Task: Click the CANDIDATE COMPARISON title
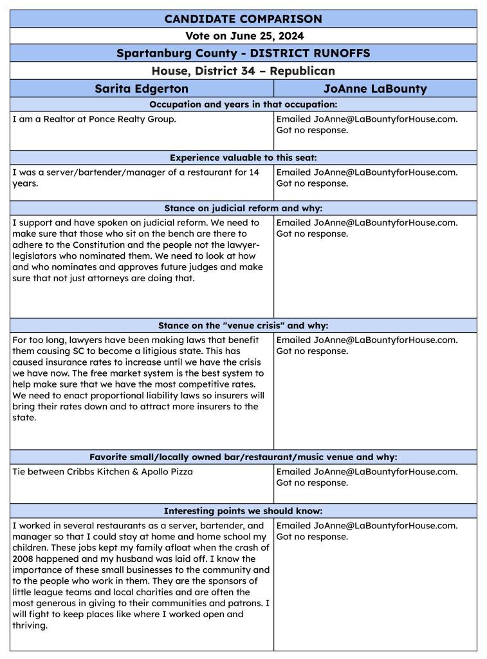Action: coord(243,19)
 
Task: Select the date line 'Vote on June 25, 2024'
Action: coord(243,36)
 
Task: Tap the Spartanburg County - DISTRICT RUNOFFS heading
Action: coord(243,53)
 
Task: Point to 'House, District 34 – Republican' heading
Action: coord(243,71)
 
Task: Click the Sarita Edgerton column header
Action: coord(142,88)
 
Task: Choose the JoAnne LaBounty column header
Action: coord(375,88)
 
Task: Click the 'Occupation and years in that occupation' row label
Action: coord(243,104)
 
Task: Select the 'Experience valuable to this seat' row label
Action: coord(243,157)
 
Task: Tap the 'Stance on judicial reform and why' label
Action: coord(243,208)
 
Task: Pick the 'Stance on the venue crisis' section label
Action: coord(243,325)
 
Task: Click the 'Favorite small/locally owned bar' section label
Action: coord(243,457)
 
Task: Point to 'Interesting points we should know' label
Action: coord(243,511)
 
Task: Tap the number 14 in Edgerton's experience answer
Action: coord(253,172)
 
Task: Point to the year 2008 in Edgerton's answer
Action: coord(23,548)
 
